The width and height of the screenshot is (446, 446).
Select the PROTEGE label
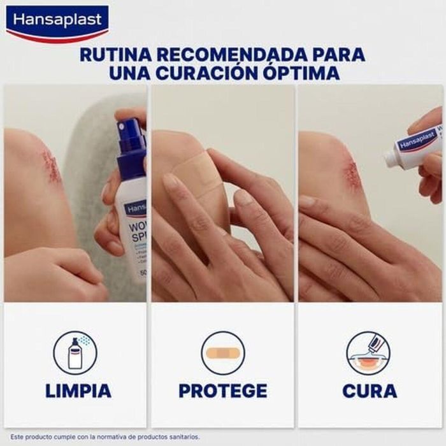[x=222, y=391]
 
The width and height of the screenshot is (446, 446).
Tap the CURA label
[x=370, y=391]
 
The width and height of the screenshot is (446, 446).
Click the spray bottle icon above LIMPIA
[x=75, y=352]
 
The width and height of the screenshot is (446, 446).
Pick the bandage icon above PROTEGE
[x=222, y=352]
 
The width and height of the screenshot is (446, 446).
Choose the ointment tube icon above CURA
[x=368, y=352]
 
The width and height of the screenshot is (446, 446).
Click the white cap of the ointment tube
[x=392, y=158]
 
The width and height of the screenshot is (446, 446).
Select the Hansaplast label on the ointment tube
[x=417, y=141]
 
